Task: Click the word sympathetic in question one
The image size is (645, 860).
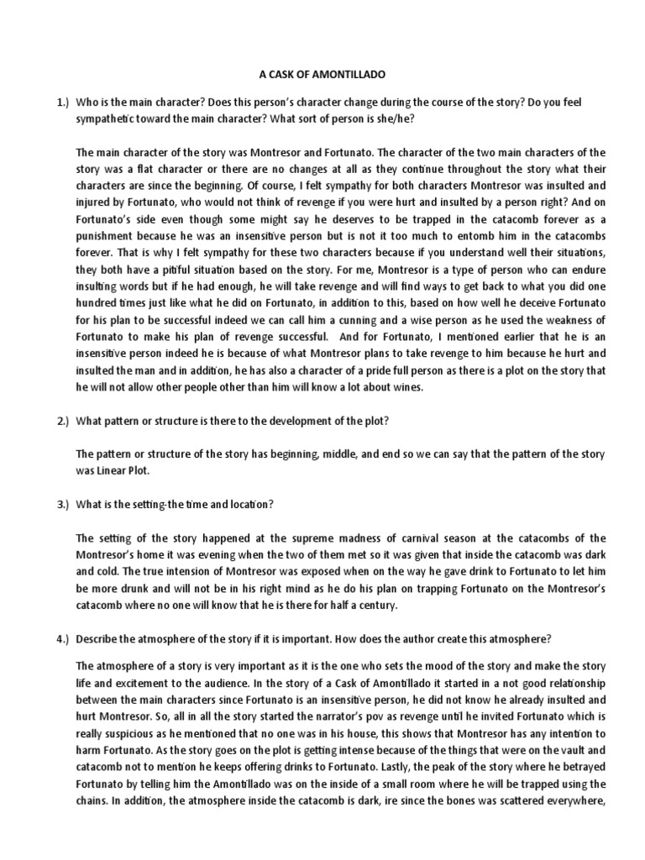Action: pyautogui.click(x=108, y=118)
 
